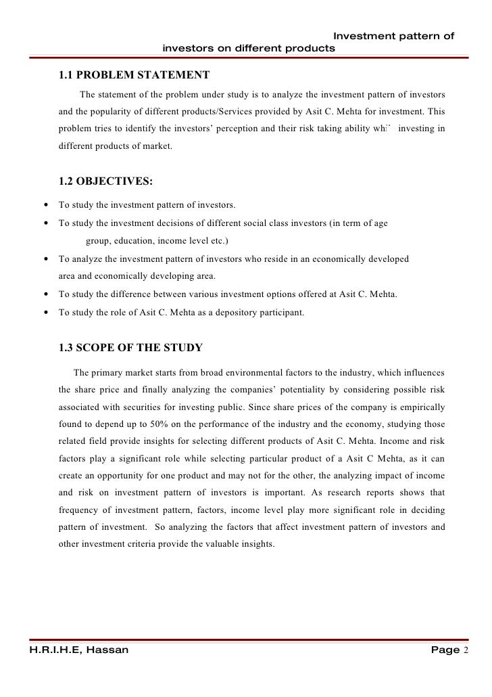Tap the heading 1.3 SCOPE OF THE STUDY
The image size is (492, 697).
pyautogui.click(x=130, y=348)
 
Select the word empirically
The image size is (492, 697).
pyautogui.click(x=422, y=407)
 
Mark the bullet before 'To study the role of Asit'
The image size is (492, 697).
pyautogui.click(x=45, y=313)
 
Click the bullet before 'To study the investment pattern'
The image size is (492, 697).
pyautogui.click(x=45, y=206)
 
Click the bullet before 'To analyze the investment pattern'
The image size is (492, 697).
pyautogui.click(x=45, y=259)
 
